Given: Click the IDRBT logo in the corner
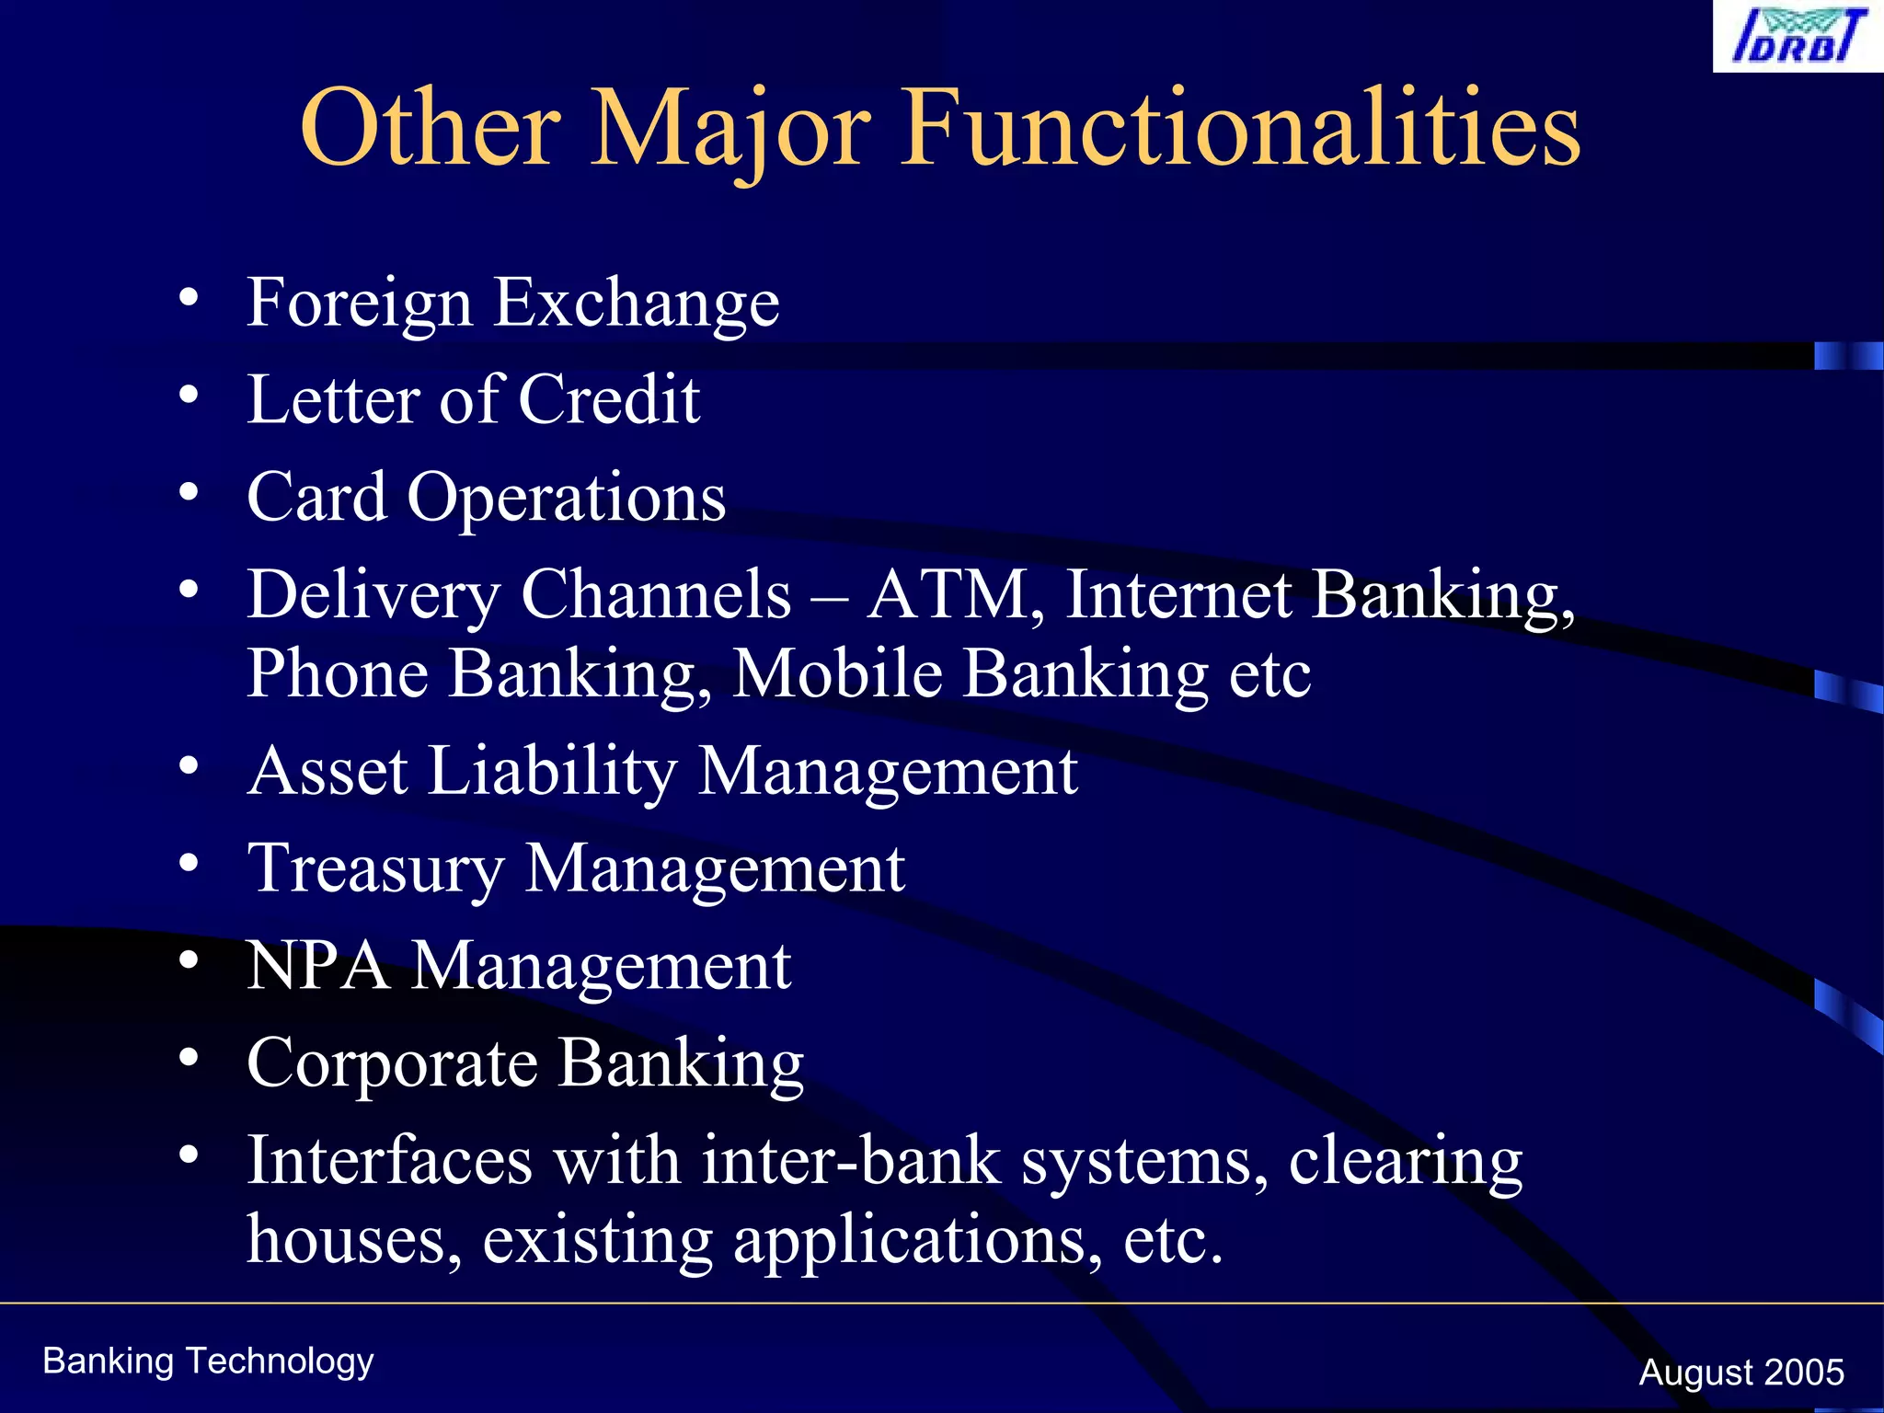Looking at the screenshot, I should pos(1797,37).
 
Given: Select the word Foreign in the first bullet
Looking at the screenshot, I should pos(359,304).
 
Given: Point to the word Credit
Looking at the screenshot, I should pos(609,400).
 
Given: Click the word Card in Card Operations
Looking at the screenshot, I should pos(316,497).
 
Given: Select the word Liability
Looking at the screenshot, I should pos(552,771).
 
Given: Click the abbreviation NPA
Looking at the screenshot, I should pos(317,966).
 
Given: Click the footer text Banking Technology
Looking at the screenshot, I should pos(208,1361).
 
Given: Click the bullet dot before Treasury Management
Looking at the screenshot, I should pos(189,863).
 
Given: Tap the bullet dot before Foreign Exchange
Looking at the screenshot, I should pos(189,297).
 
